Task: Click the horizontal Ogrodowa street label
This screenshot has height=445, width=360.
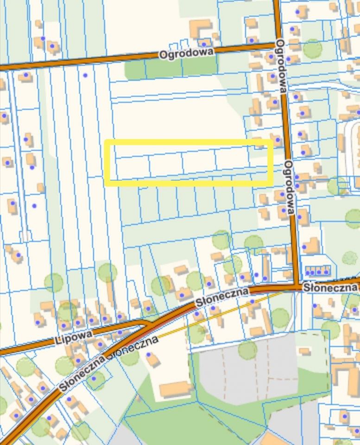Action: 187,53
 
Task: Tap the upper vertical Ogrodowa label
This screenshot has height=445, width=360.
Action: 281,65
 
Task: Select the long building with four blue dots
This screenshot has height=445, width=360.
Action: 317,270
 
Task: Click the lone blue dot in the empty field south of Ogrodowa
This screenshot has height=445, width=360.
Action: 85,75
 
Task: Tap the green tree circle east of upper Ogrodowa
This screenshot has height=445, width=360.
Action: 313,48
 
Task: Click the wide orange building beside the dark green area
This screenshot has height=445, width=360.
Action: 175,388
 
